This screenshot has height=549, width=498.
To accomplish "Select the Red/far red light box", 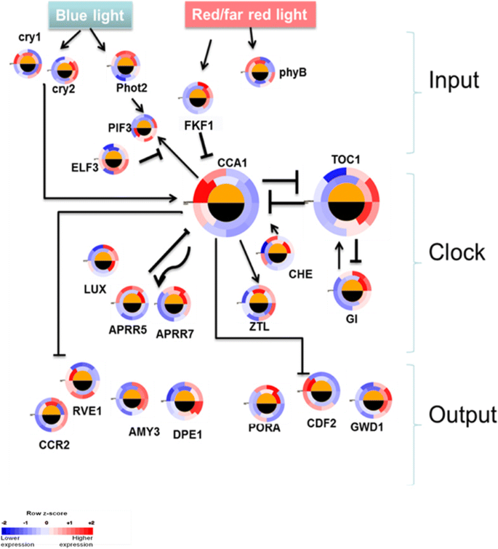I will (x=249, y=15).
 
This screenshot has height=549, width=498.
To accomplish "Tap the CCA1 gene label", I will (x=231, y=161).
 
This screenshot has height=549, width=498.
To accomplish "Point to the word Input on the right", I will (x=452, y=79).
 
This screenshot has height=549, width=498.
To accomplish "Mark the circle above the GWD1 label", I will (x=374, y=403).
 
